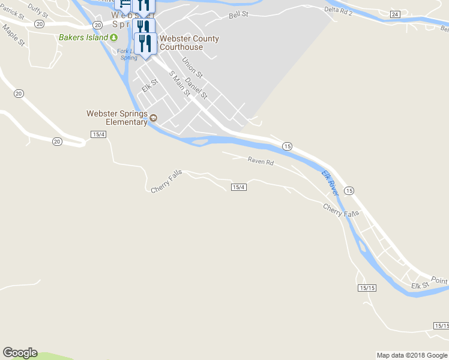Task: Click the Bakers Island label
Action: (83, 37)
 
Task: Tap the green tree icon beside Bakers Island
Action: (113, 37)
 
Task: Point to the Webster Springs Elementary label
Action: (117, 118)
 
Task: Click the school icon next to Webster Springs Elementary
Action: (154, 118)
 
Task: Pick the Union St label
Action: (193, 67)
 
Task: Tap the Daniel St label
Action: (196, 88)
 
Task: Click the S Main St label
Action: (179, 83)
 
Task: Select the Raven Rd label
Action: (261, 161)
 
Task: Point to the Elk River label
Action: (330, 182)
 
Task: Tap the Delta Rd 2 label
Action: (339, 10)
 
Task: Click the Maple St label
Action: (13, 35)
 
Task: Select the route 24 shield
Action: (394, 14)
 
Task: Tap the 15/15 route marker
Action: (367, 288)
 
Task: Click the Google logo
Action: (20, 353)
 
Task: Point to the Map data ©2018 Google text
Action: (412, 355)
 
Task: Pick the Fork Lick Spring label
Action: (127, 55)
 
